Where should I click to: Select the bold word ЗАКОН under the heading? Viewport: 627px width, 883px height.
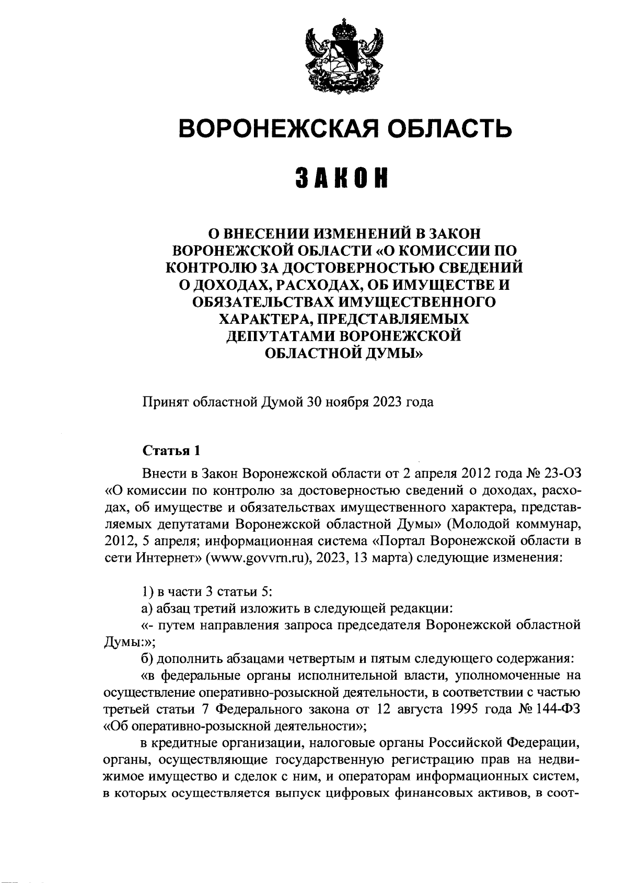tap(343, 179)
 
